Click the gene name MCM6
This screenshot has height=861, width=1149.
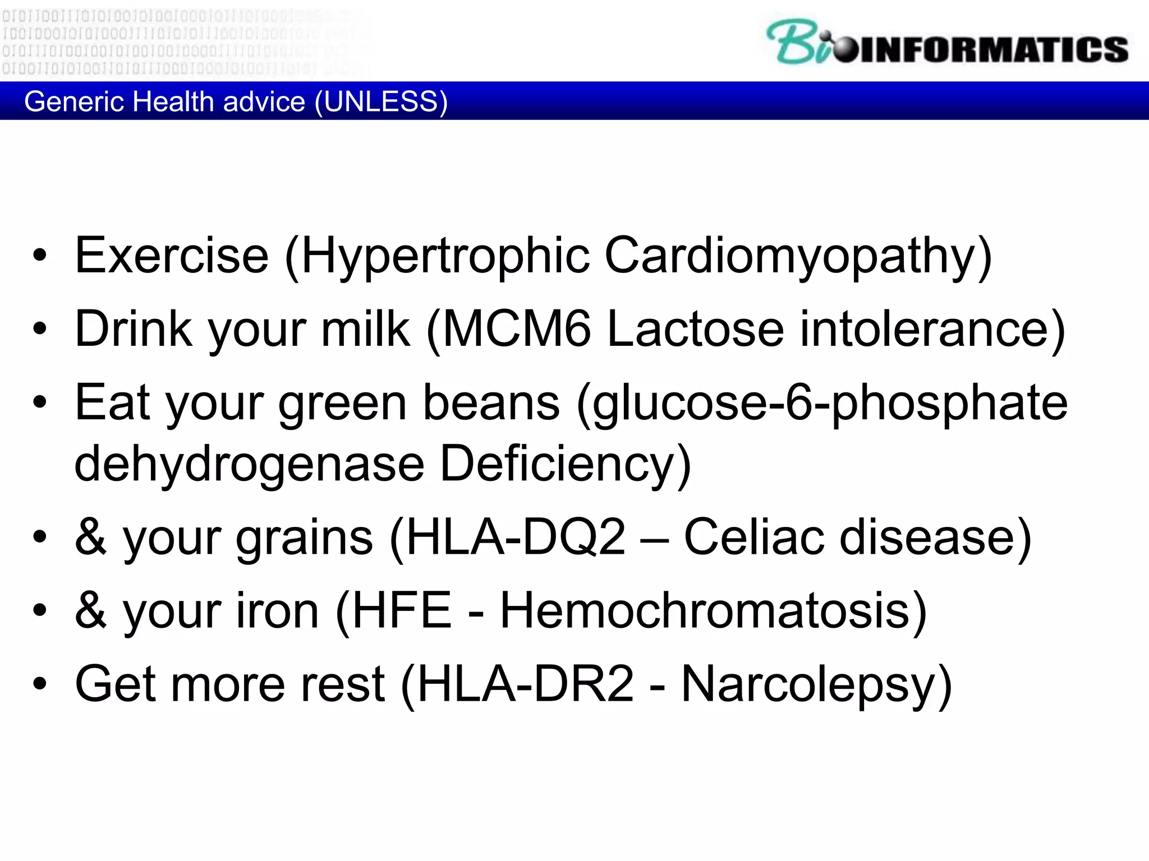pyautogui.click(x=517, y=329)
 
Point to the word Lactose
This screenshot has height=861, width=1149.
pyautogui.click(x=696, y=329)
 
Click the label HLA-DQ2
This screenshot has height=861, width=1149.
pyautogui.click(x=516, y=538)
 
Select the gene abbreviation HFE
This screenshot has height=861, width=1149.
pyautogui.click(x=402, y=610)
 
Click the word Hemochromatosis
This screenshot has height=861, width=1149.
pyautogui.click(x=705, y=610)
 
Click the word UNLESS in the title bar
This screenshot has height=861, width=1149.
pyautogui.click(x=381, y=101)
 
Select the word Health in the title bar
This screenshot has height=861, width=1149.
pyautogui.click(x=174, y=101)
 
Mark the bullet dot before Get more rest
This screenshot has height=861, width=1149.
pyautogui.click(x=40, y=684)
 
